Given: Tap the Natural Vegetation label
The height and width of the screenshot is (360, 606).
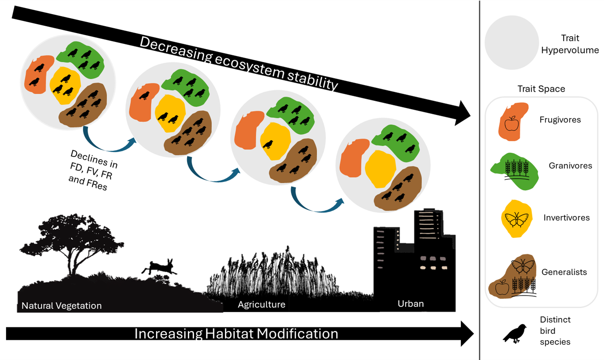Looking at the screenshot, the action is click(x=62, y=305).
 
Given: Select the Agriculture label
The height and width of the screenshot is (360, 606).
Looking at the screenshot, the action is click(x=262, y=305).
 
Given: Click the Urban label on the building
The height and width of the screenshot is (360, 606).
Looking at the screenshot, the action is click(x=411, y=304).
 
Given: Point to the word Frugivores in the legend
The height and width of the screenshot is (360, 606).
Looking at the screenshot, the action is click(x=560, y=120).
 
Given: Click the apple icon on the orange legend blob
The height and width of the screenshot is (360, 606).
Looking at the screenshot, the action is click(x=511, y=124).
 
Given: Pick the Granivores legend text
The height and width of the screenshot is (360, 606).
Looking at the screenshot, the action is click(x=570, y=166).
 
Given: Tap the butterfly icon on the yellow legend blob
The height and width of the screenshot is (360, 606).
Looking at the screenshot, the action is click(x=517, y=219).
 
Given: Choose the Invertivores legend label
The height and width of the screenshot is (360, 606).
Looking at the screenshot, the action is click(x=566, y=217).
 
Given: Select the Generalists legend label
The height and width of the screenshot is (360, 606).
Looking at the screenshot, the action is click(x=564, y=272).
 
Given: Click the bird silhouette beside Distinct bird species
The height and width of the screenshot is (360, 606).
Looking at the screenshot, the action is click(x=515, y=334).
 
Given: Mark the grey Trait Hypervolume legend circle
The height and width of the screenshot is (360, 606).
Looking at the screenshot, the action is click(x=512, y=42).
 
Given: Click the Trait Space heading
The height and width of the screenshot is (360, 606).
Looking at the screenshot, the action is click(x=541, y=89).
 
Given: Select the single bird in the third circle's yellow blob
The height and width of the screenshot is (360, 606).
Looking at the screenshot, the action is click(x=268, y=144).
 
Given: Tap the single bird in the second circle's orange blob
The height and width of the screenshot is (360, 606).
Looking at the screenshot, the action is click(x=144, y=95).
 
